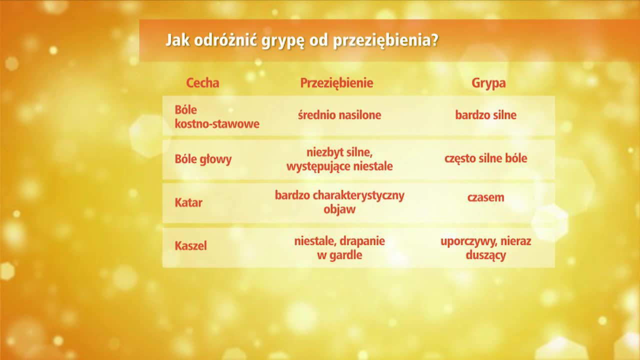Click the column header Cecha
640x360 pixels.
click(x=202, y=83)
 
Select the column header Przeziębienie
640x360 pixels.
click(x=336, y=83)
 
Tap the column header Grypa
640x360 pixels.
click(x=488, y=83)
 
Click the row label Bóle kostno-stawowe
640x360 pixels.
click(x=216, y=116)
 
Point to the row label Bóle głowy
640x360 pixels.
click(x=203, y=159)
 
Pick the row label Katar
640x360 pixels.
click(x=188, y=203)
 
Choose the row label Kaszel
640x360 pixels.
click(x=190, y=246)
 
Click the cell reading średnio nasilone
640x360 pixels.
click(x=339, y=115)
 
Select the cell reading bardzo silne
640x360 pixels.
click(x=485, y=115)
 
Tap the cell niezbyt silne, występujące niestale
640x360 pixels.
click(x=339, y=159)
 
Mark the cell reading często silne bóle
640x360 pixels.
click(x=485, y=159)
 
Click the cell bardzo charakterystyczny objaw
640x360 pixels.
click(x=339, y=202)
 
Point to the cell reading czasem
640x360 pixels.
click(x=485, y=197)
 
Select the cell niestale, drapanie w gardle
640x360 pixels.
click(x=339, y=248)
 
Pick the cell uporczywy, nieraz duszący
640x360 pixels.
click(x=485, y=248)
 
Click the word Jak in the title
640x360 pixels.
click(x=175, y=40)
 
